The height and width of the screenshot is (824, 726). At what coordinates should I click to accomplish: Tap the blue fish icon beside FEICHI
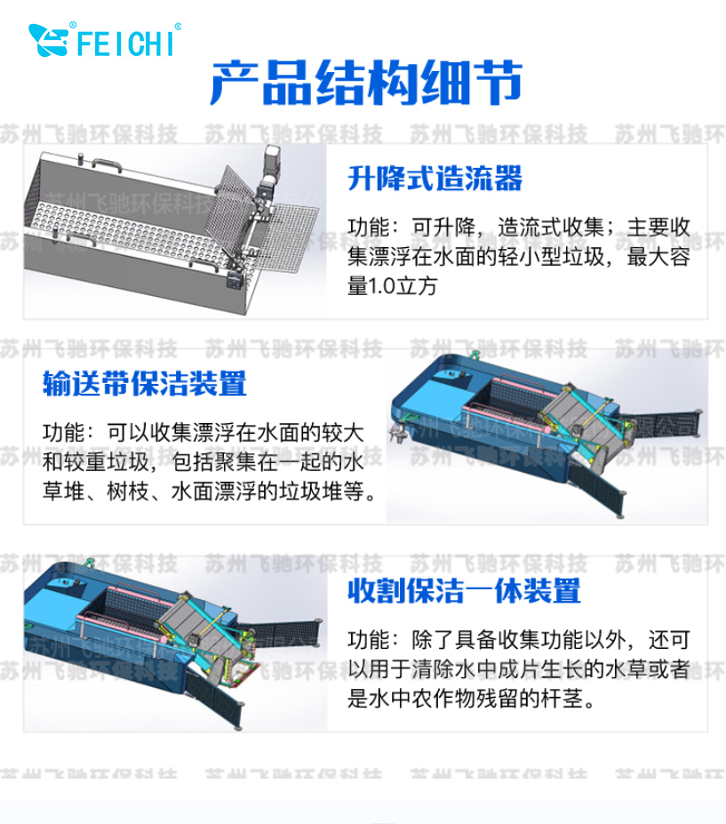[48, 40]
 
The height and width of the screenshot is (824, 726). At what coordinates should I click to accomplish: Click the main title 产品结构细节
[366, 83]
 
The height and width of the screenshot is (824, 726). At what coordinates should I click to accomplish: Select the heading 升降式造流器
[435, 178]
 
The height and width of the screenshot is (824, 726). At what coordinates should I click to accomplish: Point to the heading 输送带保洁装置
[145, 383]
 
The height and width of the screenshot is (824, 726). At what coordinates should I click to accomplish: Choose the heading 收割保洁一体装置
[465, 591]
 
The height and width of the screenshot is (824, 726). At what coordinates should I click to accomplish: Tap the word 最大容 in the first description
[658, 257]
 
